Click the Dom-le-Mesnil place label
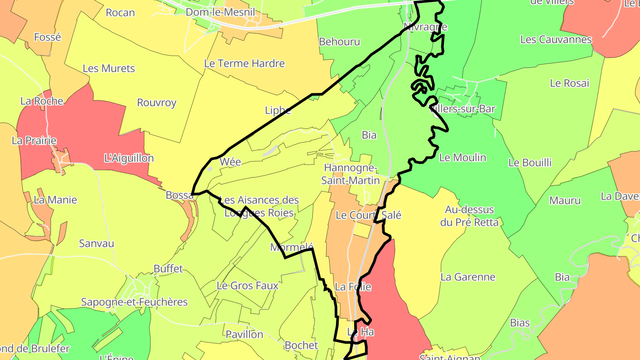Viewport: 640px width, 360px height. tap(220, 12)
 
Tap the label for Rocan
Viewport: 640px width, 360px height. tap(120, 12)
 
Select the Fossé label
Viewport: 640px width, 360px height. tap(47, 37)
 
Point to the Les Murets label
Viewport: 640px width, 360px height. tap(109, 68)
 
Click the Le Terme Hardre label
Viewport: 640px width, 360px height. tap(244, 64)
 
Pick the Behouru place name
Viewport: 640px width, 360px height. tap(340, 42)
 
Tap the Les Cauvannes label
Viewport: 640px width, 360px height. tap(556, 40)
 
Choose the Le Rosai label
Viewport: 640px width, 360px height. tap(569, 83)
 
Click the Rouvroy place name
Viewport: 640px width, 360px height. tap(156, 103)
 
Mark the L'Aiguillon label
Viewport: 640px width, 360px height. tap(129, 158)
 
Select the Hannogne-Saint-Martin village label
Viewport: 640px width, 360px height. tap(351, 174)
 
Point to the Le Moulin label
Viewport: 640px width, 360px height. tap(463, 158)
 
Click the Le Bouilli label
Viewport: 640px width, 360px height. tap(530, 163)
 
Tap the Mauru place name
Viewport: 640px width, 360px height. tap(565, 200)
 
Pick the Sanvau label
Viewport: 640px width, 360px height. tap(96, 243)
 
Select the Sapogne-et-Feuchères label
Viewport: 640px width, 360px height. tap(134, 302)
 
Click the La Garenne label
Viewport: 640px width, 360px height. tap(468, 277)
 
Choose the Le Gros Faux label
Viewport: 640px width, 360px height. tap(248, 285)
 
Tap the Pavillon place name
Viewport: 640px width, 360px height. tap(244, 334)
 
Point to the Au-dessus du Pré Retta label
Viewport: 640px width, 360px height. tap(469, 216)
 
